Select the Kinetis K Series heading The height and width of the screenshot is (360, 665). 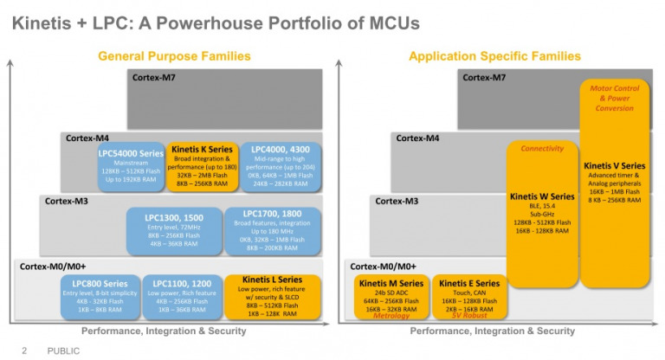click(x=200, y=150)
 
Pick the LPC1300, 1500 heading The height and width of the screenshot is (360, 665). click(x=174, y=217)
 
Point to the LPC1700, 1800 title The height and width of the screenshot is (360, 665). click(x=272, y=214)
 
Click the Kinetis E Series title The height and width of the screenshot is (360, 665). click(x=468, y=283)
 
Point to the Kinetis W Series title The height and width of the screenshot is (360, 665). click(x=542, y=196)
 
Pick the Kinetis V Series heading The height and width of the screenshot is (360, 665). click(x=615, y=165)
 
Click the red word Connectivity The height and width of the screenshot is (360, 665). click(x=542, y=149)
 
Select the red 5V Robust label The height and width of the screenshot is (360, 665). click(x=468, y=316)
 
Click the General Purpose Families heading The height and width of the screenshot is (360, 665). click(x=174, y=56)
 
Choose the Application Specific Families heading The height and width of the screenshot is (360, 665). click(x=494, y=56)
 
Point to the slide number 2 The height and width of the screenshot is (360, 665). click(x=24, y=350)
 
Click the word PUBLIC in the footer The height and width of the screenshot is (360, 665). click(x=63, y=350)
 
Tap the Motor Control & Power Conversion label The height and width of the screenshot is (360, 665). click(x=615, y=98)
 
